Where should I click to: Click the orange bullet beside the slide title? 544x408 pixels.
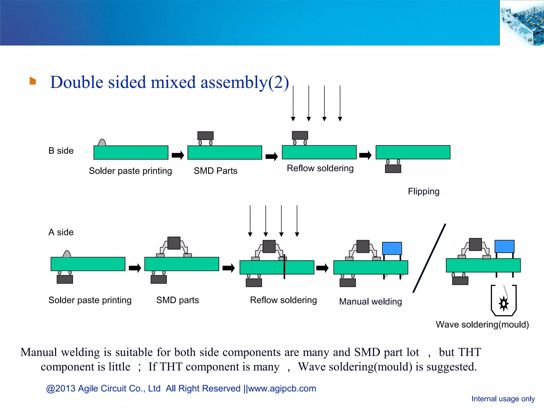point(33,81)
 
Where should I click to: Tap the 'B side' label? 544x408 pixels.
point(61,151)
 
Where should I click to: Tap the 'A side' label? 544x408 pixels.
point(61,232)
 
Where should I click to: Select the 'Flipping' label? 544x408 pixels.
point(423,191)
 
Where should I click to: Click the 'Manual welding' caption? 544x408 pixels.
point(370,301)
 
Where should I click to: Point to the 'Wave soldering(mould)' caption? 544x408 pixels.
point(482,324)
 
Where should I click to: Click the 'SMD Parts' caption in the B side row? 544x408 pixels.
point(215,171)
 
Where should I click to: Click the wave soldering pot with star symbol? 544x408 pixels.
point(503,301)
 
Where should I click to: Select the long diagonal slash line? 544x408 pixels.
point(429,258)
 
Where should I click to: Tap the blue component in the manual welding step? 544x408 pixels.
point(392,248)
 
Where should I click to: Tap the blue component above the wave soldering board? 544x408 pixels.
point(504,246)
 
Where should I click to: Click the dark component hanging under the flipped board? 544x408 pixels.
point(393,169)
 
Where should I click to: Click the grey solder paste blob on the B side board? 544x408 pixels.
point(102,143)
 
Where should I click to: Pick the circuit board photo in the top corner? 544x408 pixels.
point(522,23)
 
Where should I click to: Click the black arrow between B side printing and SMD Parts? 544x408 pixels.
point(178,155)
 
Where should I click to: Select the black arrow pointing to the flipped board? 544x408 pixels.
point(365,155)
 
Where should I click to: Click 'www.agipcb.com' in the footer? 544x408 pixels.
point(282,388)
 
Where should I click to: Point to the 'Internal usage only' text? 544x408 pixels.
point(503,399)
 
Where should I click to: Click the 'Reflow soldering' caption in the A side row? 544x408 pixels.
point(283,300)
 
